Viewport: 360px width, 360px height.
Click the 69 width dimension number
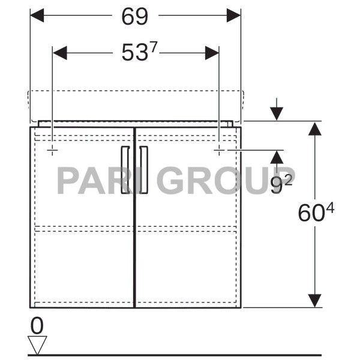click(x=134, y=17)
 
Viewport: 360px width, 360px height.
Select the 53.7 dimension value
click(x=139, y=53)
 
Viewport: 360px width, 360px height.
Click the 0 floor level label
click(x=37, y=326)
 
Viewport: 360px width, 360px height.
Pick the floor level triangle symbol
click(x=37, y=346)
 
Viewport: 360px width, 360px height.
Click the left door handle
click(x=125, y=170)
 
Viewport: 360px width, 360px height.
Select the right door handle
click(x=144, y=170)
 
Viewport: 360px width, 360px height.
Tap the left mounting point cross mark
click(x=53, y=149)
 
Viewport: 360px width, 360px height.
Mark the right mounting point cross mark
click(x=219, y=149)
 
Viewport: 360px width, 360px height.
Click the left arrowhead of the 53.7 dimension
click(x=60, y=53)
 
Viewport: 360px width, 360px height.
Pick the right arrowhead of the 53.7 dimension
click(x=212, y=53)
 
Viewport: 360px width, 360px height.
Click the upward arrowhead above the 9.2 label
click(x=276, y=157)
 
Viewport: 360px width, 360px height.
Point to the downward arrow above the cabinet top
click(x=276, y=113)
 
